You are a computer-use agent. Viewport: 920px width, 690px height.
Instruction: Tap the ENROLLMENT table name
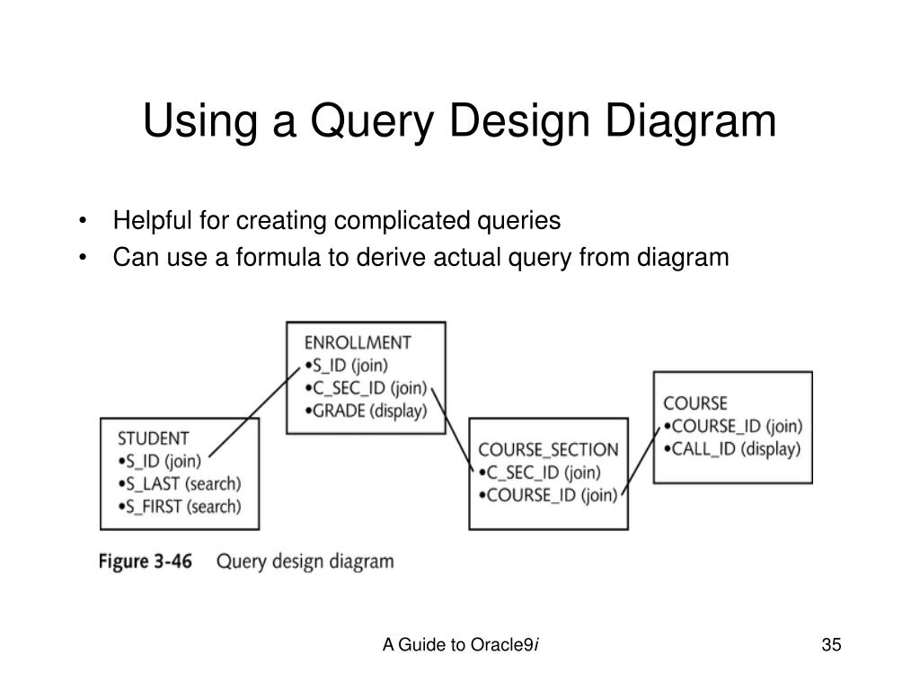point(358,342)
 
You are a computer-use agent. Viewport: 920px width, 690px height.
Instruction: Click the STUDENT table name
point(154,438)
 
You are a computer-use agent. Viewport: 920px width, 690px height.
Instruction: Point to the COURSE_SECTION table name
point(548,449)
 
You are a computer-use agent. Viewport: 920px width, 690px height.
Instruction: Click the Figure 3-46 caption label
point(145,562)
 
